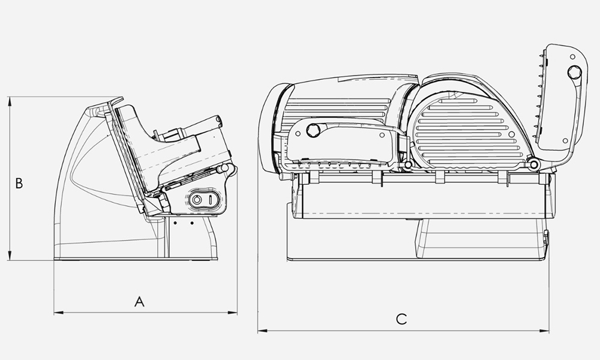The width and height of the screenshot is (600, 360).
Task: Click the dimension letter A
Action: coord(139,302)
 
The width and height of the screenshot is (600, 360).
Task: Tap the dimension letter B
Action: coord(19,183)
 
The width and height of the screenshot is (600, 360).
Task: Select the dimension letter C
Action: coord(401,319)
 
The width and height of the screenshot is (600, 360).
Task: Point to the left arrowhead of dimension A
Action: coord(58,313)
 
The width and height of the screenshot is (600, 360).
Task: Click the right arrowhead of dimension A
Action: coord(233,313)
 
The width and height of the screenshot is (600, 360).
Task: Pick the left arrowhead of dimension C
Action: coord(262,331)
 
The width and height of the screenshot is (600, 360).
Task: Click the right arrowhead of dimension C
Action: coord(545,331)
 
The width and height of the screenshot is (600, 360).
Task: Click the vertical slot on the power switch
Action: coord(211,199)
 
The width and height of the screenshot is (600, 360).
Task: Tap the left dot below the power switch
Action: coord(175,223)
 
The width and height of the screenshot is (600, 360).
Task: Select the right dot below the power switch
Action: coord(192,223)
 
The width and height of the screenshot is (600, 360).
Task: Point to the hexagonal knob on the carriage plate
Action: coord(313,130)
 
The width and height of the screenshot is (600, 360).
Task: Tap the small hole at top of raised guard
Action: coord(572,56)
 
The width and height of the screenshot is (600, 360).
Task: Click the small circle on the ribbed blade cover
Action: coord(512,134)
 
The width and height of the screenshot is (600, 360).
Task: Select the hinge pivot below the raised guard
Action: coord(533,164)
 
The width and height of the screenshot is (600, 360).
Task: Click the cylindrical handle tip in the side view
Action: coord(219,120)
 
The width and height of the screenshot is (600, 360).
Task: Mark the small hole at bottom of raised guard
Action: coord(566,141)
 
